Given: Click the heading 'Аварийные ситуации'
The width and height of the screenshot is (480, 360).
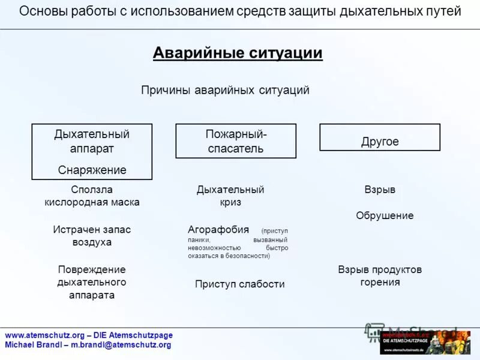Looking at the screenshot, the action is [x=238, y=53].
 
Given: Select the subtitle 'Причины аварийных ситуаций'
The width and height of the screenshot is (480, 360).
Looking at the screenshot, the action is [x=225, y=91].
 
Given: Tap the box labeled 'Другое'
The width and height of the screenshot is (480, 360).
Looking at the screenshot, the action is [x=380, y=142].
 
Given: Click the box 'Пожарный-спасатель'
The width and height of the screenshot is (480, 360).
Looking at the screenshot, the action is [x=236, y=141].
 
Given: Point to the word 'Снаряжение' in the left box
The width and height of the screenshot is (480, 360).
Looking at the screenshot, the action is [x=92, y=170].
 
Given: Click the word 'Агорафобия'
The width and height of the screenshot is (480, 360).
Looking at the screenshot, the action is [x=218, y=230].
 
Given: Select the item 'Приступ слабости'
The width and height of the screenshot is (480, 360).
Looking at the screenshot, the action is [x=239, y=284].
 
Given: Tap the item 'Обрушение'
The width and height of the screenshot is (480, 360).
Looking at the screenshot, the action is [x=385, y=216].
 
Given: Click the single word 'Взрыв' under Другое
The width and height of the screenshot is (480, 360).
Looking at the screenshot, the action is [x=380, y=190].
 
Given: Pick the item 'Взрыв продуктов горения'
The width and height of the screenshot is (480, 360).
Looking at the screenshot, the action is [x=380, y=276].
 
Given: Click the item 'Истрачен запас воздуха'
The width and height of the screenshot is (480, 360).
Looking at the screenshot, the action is [x=92, y=236].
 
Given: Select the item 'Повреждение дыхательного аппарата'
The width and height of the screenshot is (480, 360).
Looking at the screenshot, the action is [x=92, y=282].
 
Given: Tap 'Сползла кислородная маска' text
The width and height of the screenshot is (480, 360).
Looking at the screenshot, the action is [x=92, y=196].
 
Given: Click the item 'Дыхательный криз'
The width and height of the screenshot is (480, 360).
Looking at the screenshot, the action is [x=230, y=196].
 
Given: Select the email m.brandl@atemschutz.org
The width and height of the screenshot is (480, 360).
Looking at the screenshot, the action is [x=121, y=345].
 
